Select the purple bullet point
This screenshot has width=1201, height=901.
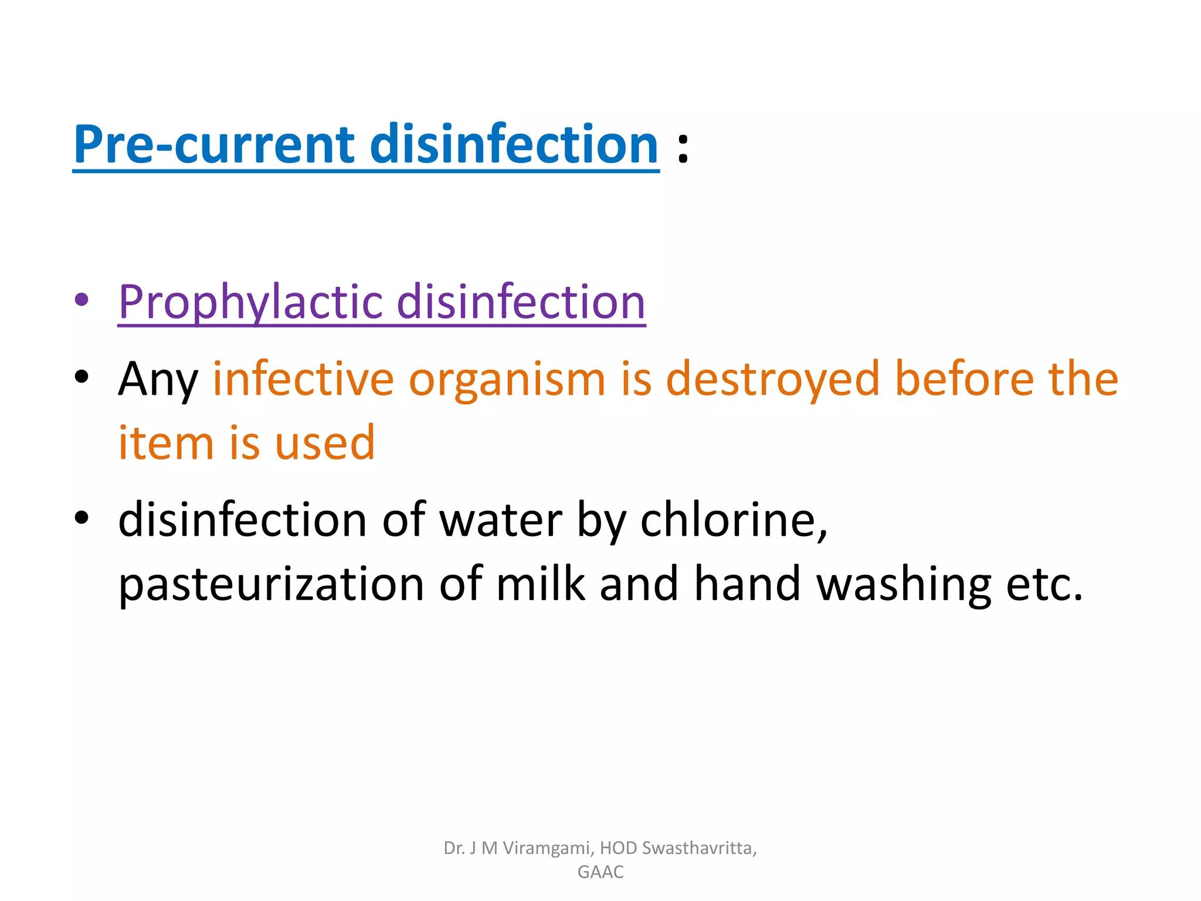[82, 300]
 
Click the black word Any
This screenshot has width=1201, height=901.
[158, 380]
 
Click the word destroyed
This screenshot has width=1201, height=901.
[772, 379]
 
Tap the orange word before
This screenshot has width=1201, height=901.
[964, 379]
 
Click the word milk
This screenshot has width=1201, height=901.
[540, 584]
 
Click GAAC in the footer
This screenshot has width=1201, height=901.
[600, 872]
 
